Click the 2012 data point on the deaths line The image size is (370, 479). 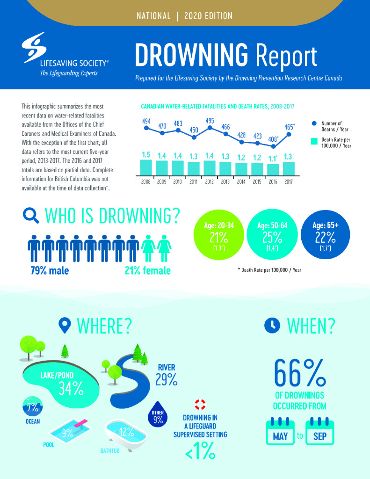pos(210,128)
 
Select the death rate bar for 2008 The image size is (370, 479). pos(146,167)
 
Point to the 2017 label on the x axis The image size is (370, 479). pos(289,182)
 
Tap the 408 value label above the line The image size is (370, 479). pos(273,139)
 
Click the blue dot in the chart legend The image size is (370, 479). pos(314,123)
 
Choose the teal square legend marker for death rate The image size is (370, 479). pos(314,141)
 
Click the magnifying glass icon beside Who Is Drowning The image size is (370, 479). pos(31,216)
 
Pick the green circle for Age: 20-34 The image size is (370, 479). pos(219,235)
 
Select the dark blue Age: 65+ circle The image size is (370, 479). pos(326,234)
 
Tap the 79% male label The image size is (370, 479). pos(50,271)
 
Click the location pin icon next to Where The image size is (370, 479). pos(65,326)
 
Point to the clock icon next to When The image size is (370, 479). pos(272,325)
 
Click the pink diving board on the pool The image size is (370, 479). pos(81,423)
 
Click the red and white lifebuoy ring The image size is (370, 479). pos(200,405)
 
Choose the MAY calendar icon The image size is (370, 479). pos(280,431)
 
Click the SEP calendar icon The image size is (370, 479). pos(319,431)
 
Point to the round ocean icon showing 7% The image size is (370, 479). pos(33,406)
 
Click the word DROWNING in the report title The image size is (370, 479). pos(192,56)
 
